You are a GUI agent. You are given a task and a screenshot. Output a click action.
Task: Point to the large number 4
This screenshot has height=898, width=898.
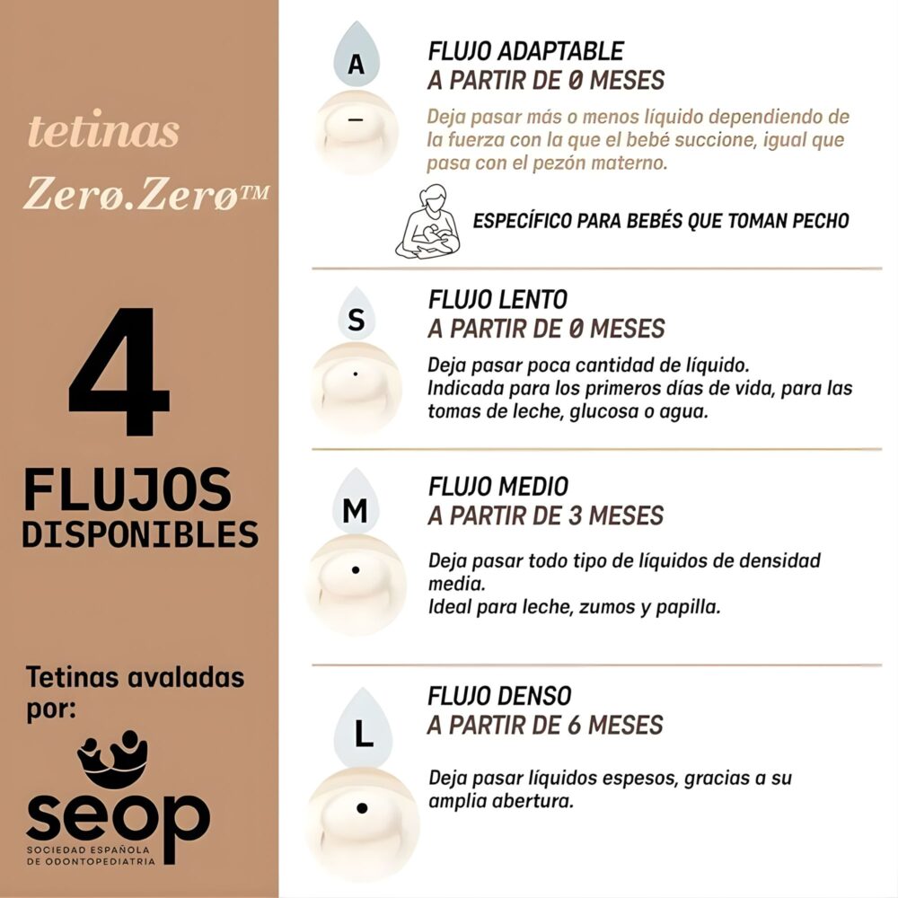click(x=119, y=373)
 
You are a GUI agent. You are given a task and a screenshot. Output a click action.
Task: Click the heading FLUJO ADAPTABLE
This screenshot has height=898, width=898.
click(x=525, y=51)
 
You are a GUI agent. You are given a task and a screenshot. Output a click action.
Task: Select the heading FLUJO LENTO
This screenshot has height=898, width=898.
click(x=497, y=298)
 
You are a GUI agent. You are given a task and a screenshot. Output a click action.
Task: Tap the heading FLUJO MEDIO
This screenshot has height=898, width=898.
click(x=497, y=487)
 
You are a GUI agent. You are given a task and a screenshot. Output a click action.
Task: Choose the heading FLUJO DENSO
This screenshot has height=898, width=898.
click(x=499, y=696)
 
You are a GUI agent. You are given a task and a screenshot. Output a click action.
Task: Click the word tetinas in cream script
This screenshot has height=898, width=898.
click(x=103, y=132)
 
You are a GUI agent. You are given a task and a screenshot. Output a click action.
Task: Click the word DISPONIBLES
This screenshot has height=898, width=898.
click(x=139, y=534)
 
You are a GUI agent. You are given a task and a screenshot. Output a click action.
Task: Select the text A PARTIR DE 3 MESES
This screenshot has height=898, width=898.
click(x=546, y=515)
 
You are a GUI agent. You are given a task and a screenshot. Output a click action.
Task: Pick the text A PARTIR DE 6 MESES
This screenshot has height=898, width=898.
click(x=546, y=725)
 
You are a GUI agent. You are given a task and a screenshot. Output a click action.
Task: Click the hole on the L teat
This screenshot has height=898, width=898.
click(x=362, y=807)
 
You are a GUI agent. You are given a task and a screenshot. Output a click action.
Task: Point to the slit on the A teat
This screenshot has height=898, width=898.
click(x=357, y=121)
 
